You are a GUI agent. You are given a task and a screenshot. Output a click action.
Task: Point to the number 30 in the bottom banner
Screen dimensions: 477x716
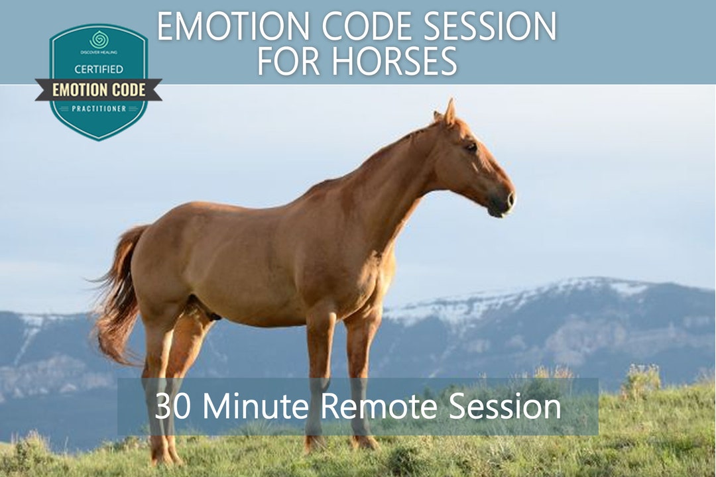coord(170,406)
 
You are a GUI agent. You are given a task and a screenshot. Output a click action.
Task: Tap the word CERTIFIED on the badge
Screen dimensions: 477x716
coord(98,69)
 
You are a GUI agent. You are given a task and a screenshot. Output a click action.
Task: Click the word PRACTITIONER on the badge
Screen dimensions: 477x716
coord(98,109)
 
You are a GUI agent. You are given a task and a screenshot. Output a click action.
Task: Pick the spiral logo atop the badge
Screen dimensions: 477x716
coord(99,39)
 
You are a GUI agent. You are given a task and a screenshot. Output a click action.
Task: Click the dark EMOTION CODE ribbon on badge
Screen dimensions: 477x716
coord(98,89)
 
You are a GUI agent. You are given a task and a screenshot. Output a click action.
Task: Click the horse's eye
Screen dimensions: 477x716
coord(471,147)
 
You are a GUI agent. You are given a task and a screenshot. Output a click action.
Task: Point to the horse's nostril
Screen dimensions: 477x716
coord(509,198)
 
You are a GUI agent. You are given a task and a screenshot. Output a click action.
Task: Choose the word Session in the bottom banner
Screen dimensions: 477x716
coord(505,406)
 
